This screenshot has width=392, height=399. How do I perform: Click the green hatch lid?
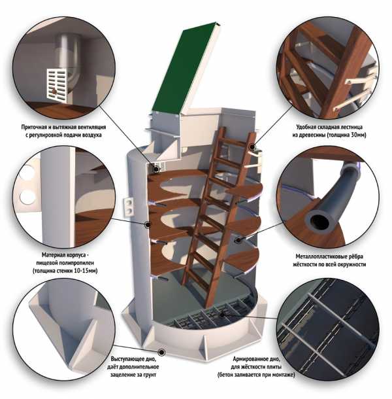coord(186,68)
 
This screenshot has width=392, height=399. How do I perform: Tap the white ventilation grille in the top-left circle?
coord(57,86)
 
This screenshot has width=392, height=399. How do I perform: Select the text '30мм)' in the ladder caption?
coord(358,135)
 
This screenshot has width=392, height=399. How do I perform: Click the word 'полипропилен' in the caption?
coord(76,262)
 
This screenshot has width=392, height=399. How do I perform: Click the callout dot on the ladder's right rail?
coord(252,147)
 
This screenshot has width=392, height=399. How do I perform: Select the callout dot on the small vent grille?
coord(156,169)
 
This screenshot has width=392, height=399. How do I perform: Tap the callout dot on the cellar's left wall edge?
coord(147,224)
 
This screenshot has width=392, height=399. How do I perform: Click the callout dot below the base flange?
coord(161,352)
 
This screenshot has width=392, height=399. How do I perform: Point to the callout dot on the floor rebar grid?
coord(222,315)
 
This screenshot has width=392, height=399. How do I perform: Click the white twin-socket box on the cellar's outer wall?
coord(129,207)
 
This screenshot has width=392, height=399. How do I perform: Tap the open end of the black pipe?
coord(318,221)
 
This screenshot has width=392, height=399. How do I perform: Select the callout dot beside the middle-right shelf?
coord(238,240)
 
